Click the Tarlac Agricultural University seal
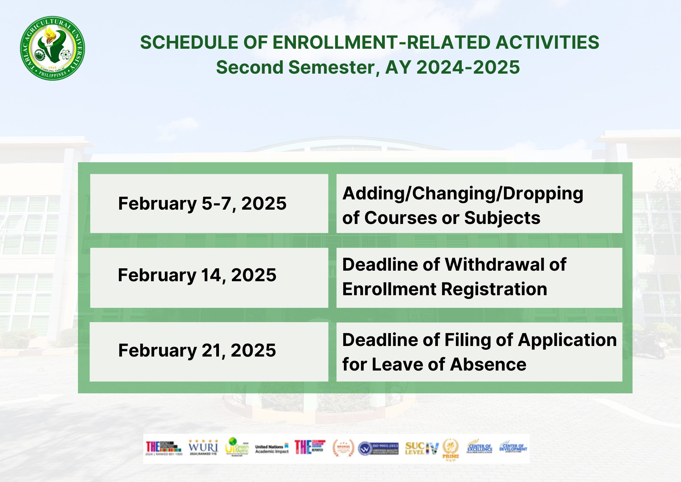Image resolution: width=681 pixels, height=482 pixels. click(52, 48)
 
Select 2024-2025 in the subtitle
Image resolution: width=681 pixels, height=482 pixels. click(468, 67)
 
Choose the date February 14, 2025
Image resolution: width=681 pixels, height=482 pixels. click(197, 275)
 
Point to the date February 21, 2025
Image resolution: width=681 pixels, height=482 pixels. click(197, 350)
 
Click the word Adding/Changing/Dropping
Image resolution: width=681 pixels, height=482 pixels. click(463, 194)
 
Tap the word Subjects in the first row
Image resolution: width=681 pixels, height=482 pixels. click(502, 218)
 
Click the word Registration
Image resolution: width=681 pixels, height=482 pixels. click(494, 289)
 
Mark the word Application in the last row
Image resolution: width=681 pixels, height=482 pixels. click(567, 340)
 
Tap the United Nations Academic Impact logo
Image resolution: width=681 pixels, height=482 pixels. click(272, 449)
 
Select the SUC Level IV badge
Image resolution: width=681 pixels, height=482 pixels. click(422, 448)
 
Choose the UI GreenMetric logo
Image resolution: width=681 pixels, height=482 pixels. click(237, 447)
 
